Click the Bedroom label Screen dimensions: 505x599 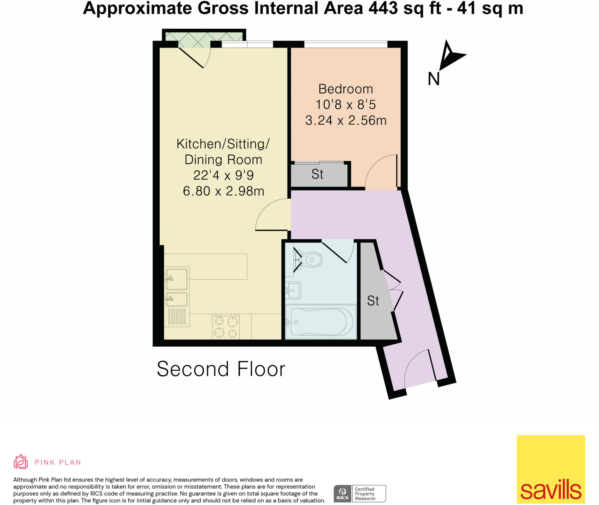tap(345, 89)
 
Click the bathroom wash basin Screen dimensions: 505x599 tap(293, 290)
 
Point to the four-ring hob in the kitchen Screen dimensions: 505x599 tap(226, 327)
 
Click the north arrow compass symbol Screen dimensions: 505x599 tap(450, 56)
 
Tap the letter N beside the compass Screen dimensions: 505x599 tap(433, 79)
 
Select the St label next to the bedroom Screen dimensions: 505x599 tap(317, 174)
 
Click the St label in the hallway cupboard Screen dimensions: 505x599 tap(373, 301)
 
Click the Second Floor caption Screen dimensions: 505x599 tap(221, 369)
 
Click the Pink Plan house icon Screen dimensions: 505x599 tap(21, 462)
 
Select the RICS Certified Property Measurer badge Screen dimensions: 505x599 tap(359, 493)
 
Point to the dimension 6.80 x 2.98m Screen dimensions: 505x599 tap(223, 191)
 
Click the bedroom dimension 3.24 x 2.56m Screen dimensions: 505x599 tap(346, 121)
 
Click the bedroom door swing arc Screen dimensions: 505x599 tap(380, 171)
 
